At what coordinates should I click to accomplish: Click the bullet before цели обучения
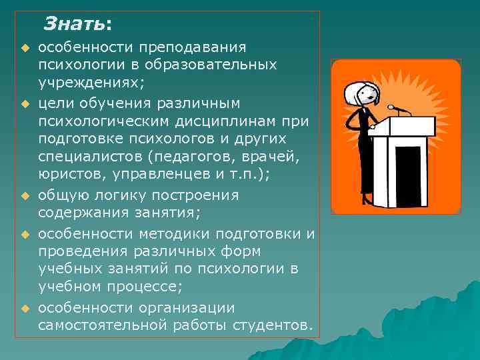(25, 104)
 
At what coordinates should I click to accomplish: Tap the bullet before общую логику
(25, 197)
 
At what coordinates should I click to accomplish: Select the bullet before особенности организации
(25, 308)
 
